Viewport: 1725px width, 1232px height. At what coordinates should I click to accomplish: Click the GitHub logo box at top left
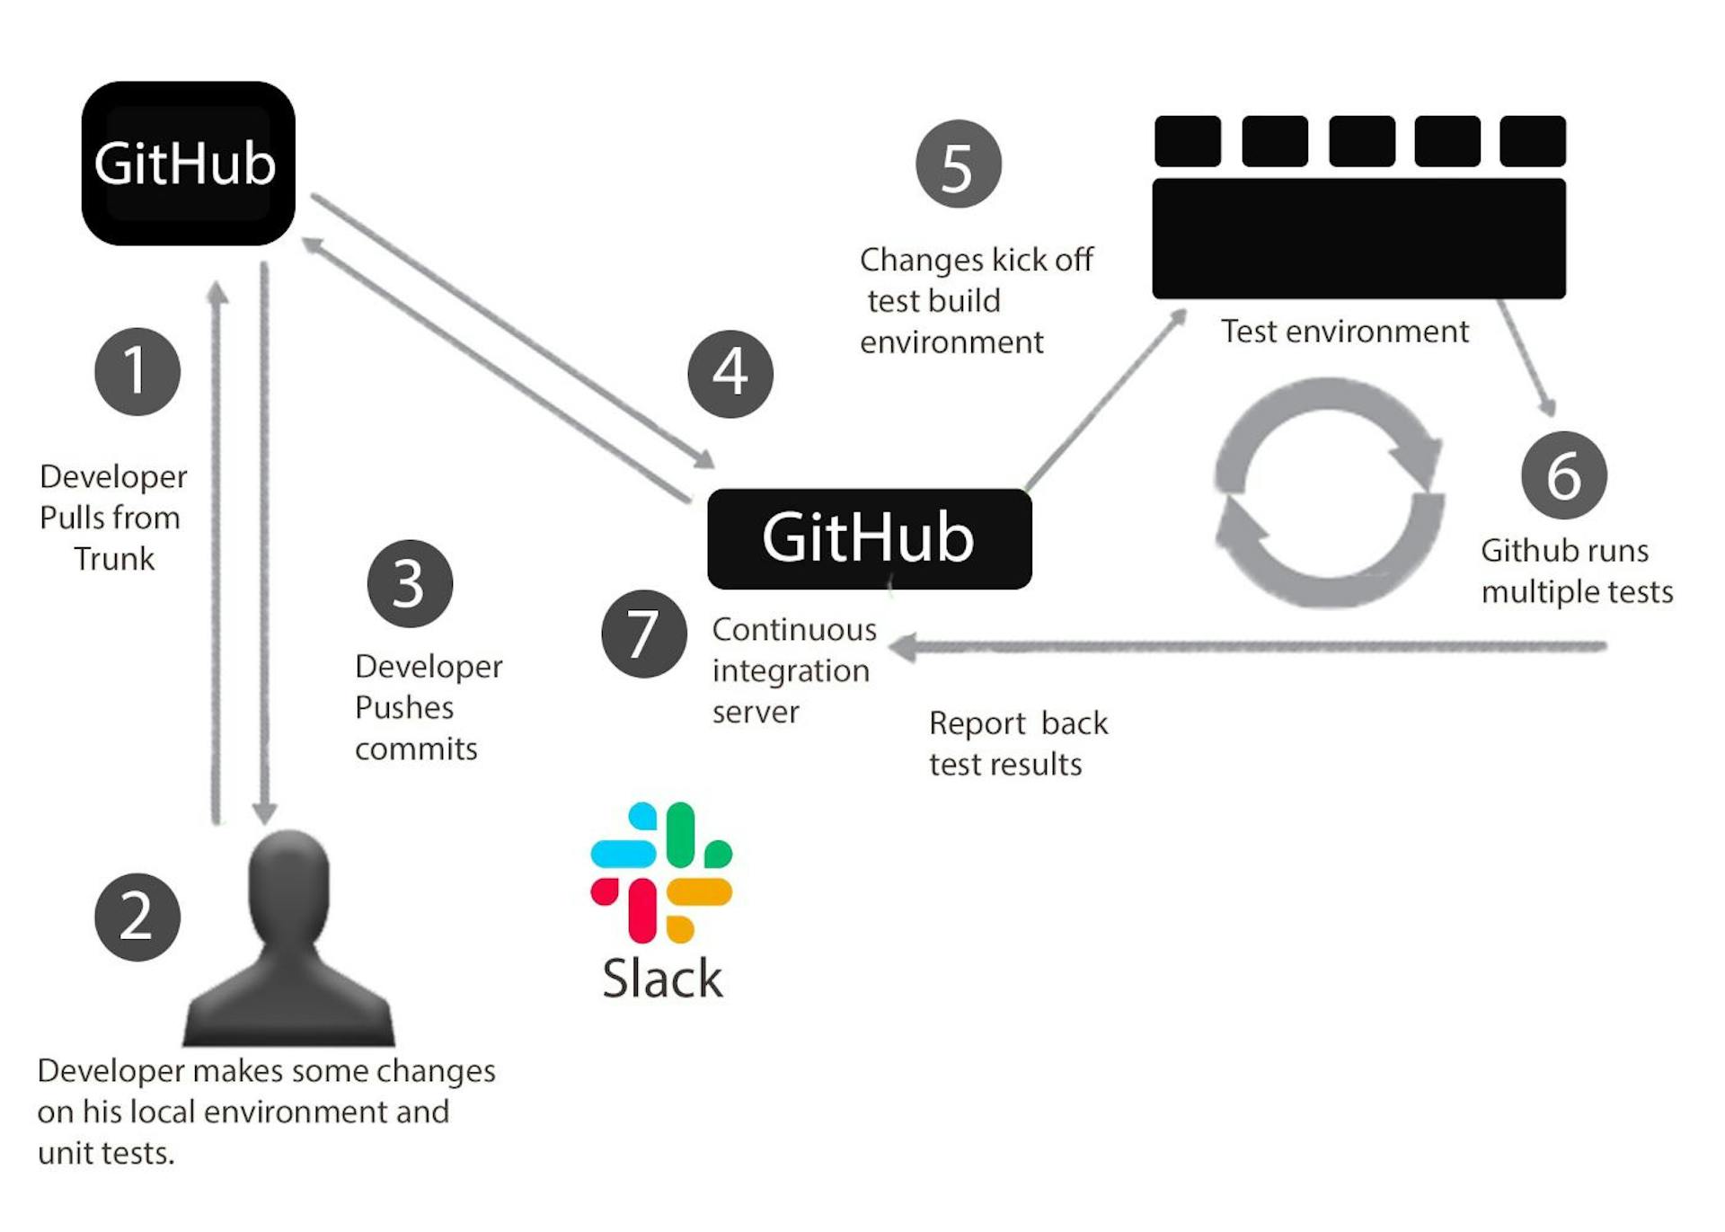(x=188, y=164)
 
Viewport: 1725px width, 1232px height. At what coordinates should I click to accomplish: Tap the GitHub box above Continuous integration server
(x=869, y=538)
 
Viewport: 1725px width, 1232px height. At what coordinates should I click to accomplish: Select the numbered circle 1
(x=137, y=371)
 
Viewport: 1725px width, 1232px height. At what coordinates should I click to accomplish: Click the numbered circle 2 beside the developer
(x=137, y=917)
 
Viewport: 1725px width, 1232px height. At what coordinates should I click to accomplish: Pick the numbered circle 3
(x=410, y=583)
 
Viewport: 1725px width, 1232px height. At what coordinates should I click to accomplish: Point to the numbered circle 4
(x=730, y=374)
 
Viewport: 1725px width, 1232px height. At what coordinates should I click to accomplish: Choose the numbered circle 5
(x=958, y=164)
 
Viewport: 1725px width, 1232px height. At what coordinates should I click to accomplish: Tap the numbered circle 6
(x=1563, y=474)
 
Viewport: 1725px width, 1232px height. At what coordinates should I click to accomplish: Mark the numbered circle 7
(x=643, y=634)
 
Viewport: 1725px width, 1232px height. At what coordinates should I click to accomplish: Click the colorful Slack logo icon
(x=661, y=872)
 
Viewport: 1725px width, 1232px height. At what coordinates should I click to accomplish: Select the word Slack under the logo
(x=662, y=979)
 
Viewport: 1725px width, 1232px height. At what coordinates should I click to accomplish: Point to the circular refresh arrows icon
(x=1328, y=492)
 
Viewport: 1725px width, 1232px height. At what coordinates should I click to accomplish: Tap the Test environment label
(x=1344, y=332)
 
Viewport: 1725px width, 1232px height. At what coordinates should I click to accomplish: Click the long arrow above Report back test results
(x=1249, y=646)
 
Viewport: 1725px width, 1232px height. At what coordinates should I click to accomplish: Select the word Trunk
(x=114, y=559)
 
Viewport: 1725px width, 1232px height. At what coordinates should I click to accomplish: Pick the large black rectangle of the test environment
(x=1358, y=238)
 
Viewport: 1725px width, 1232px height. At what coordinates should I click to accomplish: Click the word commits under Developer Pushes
(x=416, y=749)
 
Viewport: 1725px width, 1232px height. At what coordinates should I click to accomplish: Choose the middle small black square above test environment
(x=1361, y=141)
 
